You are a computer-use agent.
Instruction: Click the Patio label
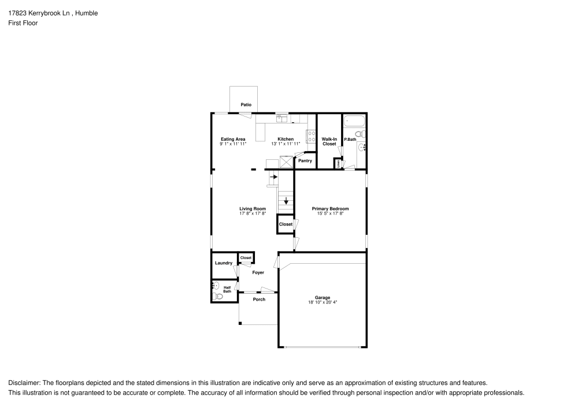coord(246,104)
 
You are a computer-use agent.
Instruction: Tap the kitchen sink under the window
coord(281,118)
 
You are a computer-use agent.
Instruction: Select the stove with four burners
coord(311,137)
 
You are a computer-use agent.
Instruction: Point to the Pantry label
coord(305,160)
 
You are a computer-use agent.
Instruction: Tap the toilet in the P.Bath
coord(360,134)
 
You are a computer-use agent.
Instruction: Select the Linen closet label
coord(338,164)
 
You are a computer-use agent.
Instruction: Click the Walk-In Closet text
coord(329,141)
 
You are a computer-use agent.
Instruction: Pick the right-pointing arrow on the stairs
coord(273,179)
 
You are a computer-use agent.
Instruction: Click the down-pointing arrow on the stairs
coord(286,201)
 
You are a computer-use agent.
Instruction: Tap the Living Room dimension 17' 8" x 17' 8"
coord(253,214)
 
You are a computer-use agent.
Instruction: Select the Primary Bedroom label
coord(330,208)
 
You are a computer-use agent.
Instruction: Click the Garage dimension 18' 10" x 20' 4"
coord(322,302)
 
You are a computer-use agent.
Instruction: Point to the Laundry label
coord(224,263)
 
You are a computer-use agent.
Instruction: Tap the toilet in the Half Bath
coord(216,296)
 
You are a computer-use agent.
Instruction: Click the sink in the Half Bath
coord(215,285)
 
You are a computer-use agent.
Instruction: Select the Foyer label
coord(258,272)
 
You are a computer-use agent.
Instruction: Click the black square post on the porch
coord(240,323)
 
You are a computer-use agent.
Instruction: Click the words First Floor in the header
coord(23,23)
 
